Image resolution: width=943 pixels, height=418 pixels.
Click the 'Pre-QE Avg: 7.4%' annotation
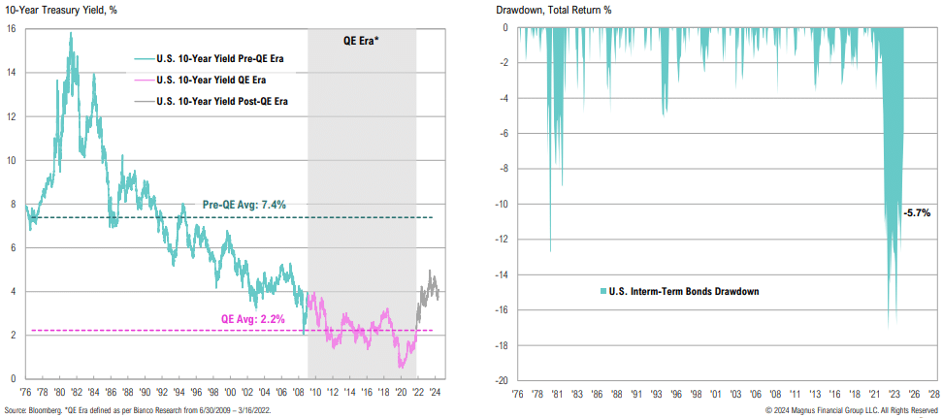[x=244, y=205]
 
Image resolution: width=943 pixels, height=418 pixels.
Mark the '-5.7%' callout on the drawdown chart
[x=916, y=212]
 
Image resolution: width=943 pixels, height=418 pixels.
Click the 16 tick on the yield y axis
[x=11, y=29]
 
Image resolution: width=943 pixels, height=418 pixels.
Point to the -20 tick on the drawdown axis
[x=503, y=380]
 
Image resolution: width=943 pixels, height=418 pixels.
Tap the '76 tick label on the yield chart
[x=25, y=395]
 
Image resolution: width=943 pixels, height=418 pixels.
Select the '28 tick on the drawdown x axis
[x=933, y=395]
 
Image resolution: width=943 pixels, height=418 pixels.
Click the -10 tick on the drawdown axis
[x=503, y=204]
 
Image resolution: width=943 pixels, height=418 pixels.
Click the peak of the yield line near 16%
[x=70, y=35]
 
